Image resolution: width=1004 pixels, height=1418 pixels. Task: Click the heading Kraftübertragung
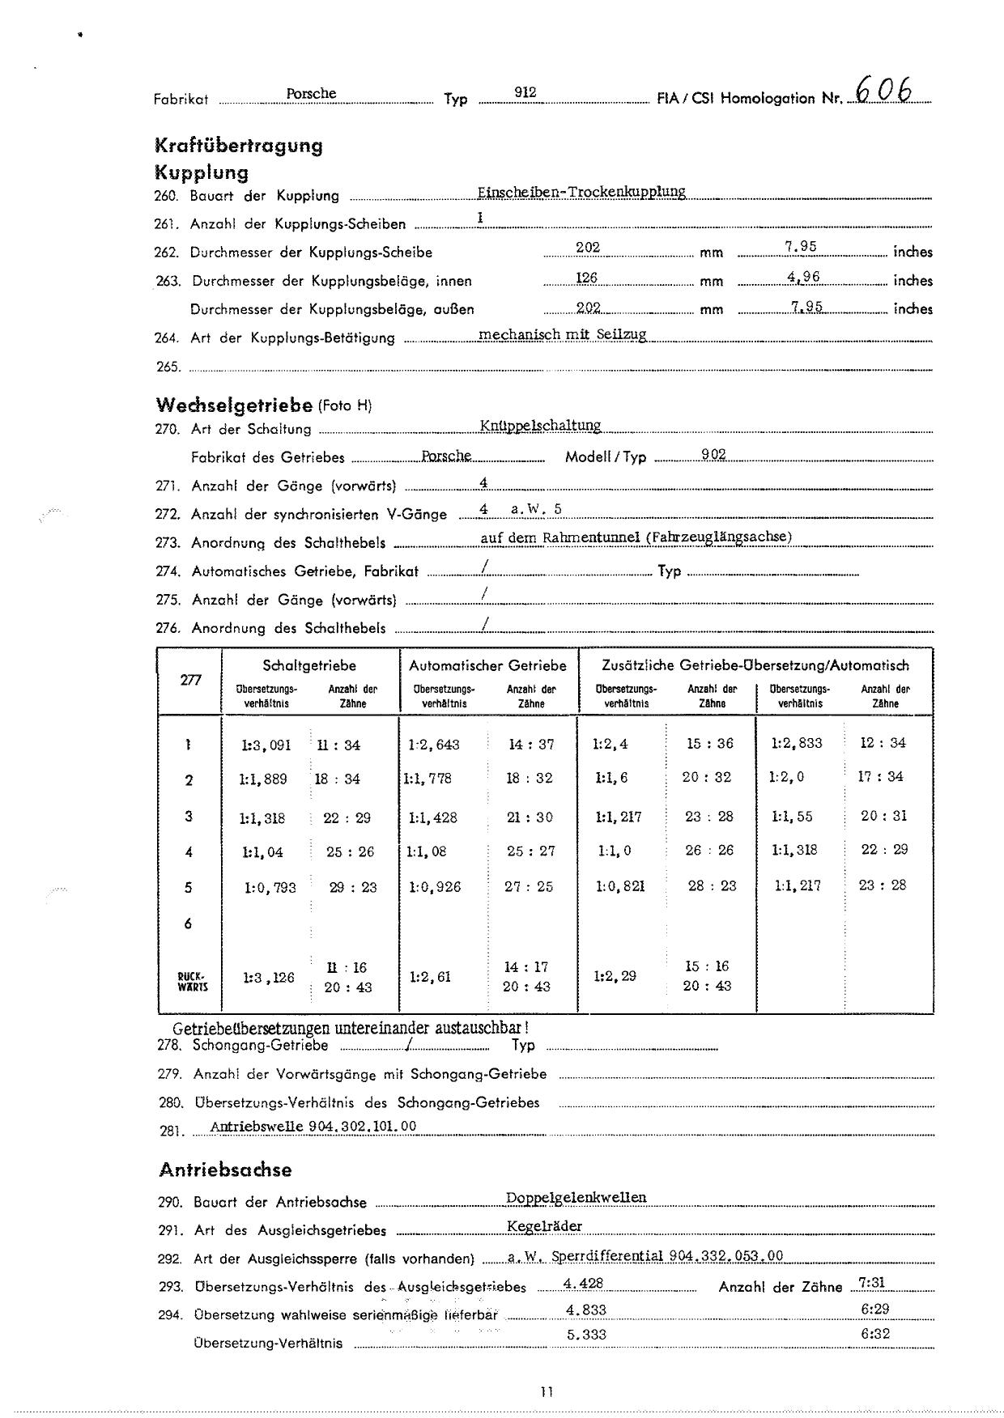(x=238, y=146)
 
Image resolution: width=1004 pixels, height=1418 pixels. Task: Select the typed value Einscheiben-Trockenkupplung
(x=581, y=192)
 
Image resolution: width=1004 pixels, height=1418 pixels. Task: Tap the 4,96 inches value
(x=803, y=277)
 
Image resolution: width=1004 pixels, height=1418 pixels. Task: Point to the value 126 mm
(x=586, y=278)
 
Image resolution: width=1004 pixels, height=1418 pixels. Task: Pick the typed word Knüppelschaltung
(x=540, y=426)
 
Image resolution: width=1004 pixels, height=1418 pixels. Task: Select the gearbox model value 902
(x=713, y=455)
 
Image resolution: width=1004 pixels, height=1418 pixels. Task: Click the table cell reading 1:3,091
(x=266, y=745)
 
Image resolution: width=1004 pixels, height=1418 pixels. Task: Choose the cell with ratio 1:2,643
(x=435, y=745)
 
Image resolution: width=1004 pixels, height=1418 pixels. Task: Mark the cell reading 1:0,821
(x=620, y=886)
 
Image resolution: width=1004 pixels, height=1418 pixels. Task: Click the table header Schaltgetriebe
(x=309, y=665)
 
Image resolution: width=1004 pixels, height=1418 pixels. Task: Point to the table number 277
(x=190, y=680)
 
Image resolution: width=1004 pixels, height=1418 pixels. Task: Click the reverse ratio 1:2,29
(x=615, y=976)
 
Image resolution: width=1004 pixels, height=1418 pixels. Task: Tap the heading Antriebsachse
(x=225, y=1170)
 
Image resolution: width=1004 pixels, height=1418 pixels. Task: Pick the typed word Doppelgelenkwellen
(x=576, y=1198)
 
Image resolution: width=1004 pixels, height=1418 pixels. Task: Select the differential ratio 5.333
(x=586, y=1335)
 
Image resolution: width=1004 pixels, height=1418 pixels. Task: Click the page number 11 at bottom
(x=547, y=1392)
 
